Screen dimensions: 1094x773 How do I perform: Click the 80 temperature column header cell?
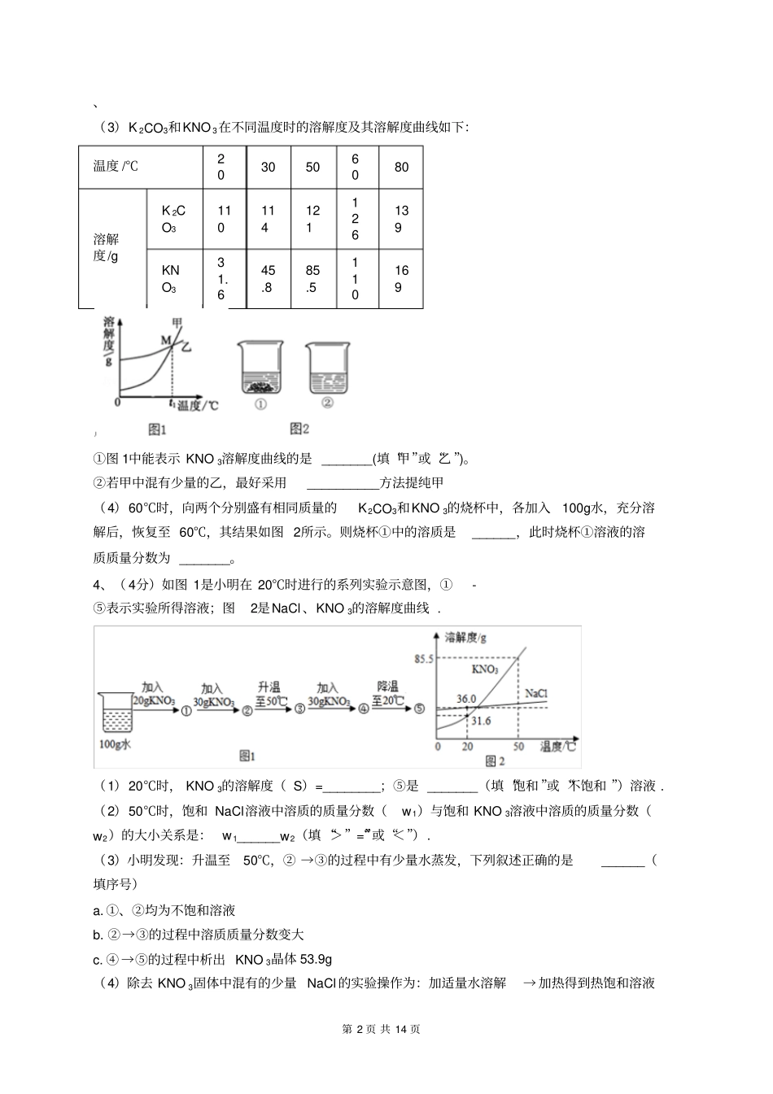(x=402, y=168)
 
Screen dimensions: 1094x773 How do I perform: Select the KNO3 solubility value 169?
(x=402, y=279)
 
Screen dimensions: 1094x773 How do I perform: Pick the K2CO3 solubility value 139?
(x=402, y=219)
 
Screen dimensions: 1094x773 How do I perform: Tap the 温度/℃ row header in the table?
(x=116, y=167)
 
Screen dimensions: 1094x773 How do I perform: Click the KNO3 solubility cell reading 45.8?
(x=269, y=279)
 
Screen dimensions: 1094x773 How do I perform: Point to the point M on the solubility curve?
(x=165, y=339)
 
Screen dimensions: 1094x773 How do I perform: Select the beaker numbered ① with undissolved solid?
(x=260, y=371)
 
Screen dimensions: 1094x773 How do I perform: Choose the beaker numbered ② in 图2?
(x=328, y=371)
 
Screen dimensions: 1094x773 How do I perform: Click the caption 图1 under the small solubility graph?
(x=156, y=429)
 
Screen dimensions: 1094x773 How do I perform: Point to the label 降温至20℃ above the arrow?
(x=388, y=693)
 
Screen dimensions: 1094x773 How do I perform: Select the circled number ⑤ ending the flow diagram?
(x=418, y=708)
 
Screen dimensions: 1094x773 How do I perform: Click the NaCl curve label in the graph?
(x=535, y=692)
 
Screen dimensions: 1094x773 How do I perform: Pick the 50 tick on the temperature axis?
(x=518, y=746)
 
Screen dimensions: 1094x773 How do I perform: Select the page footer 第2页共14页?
(x=386, y=1029)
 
